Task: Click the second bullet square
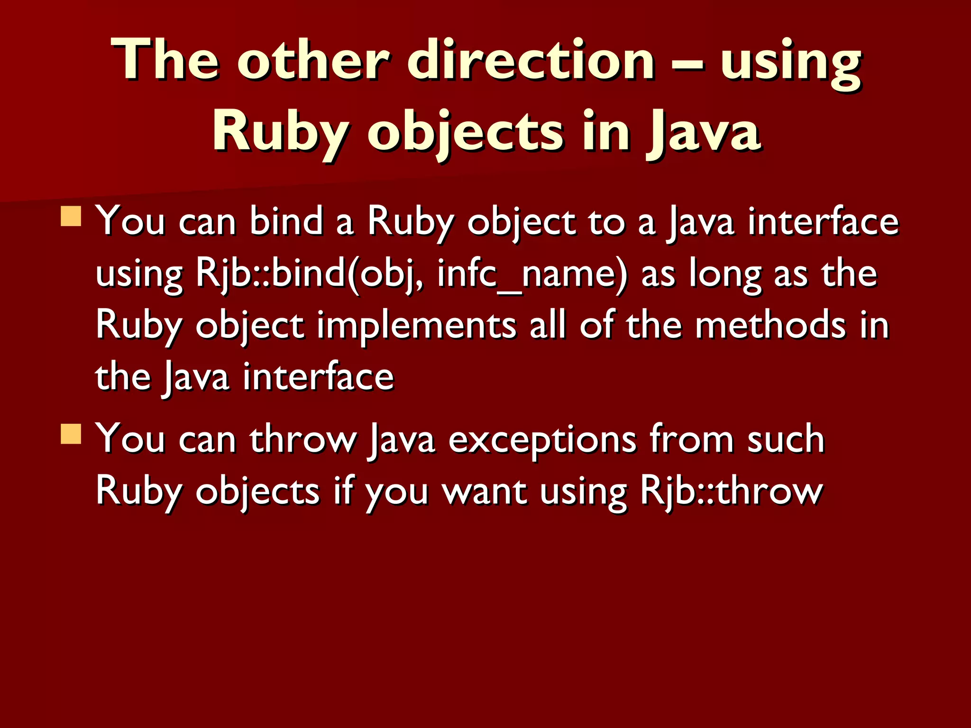click(x=71, y=433)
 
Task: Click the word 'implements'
click(x=416, y=327)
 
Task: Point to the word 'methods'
click(x=770, y=326)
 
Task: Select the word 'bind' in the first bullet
click(x=286, y=222)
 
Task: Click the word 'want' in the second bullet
click(x=485, y=491)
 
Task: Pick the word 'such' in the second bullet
click(x=786, y=439)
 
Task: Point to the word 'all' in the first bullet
click(x=548, y=326)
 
